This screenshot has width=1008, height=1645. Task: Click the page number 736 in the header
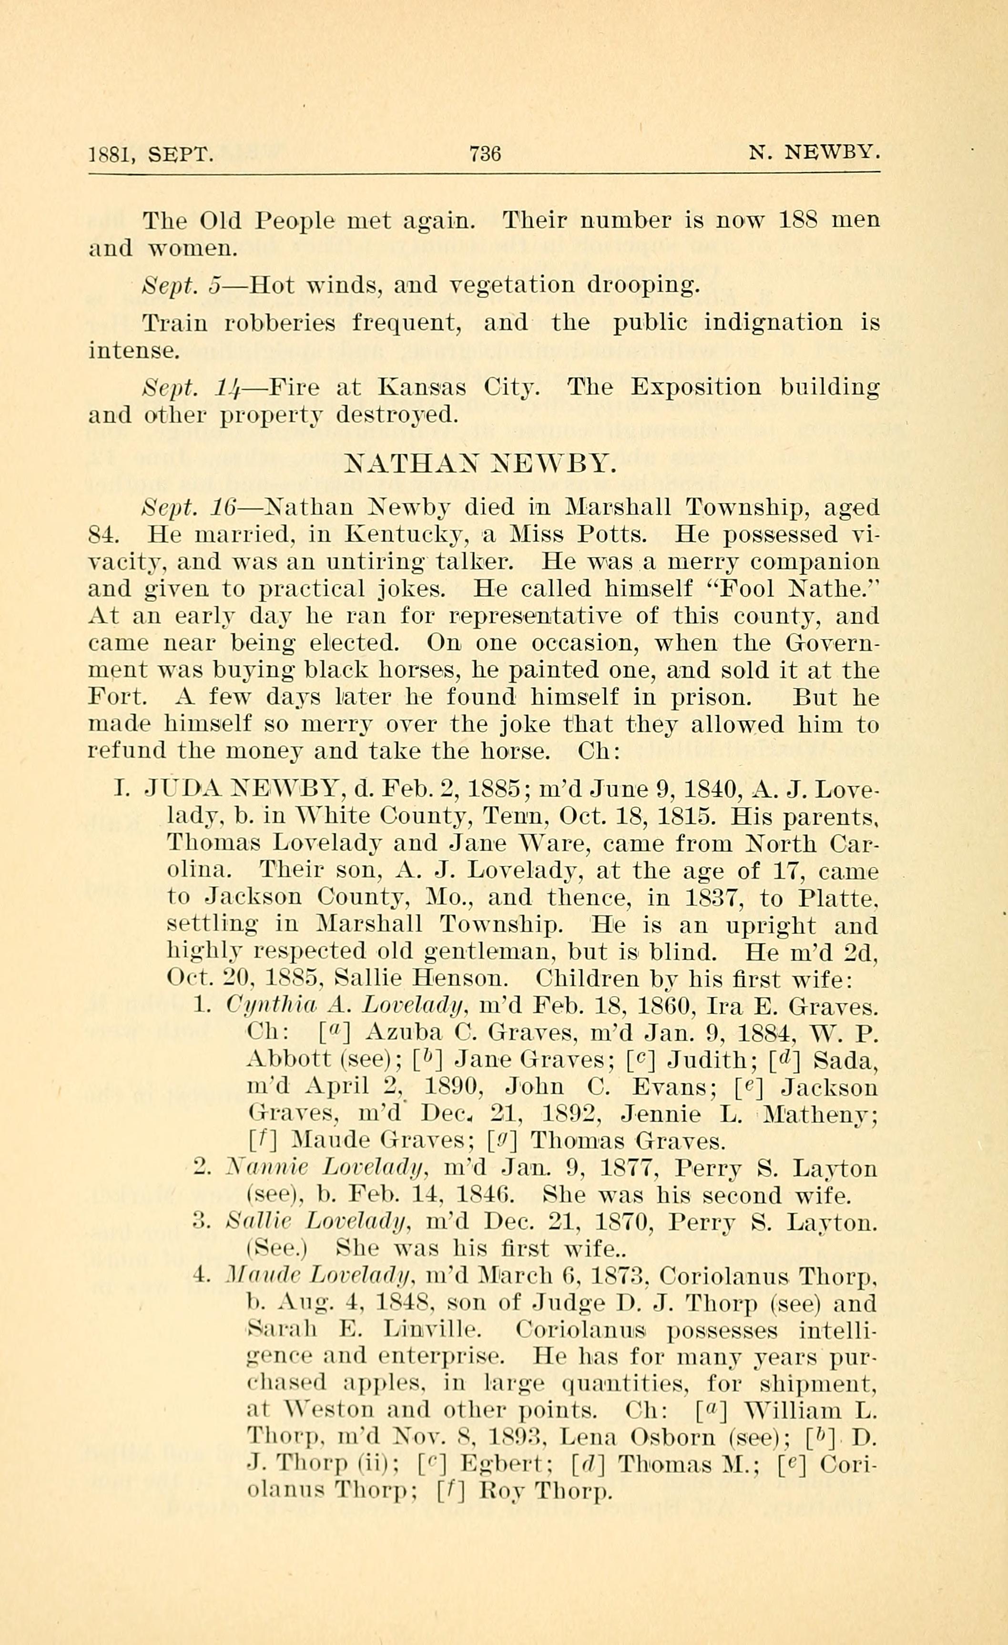point(485,154)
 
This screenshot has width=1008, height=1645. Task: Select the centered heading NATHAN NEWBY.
point(479,463)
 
